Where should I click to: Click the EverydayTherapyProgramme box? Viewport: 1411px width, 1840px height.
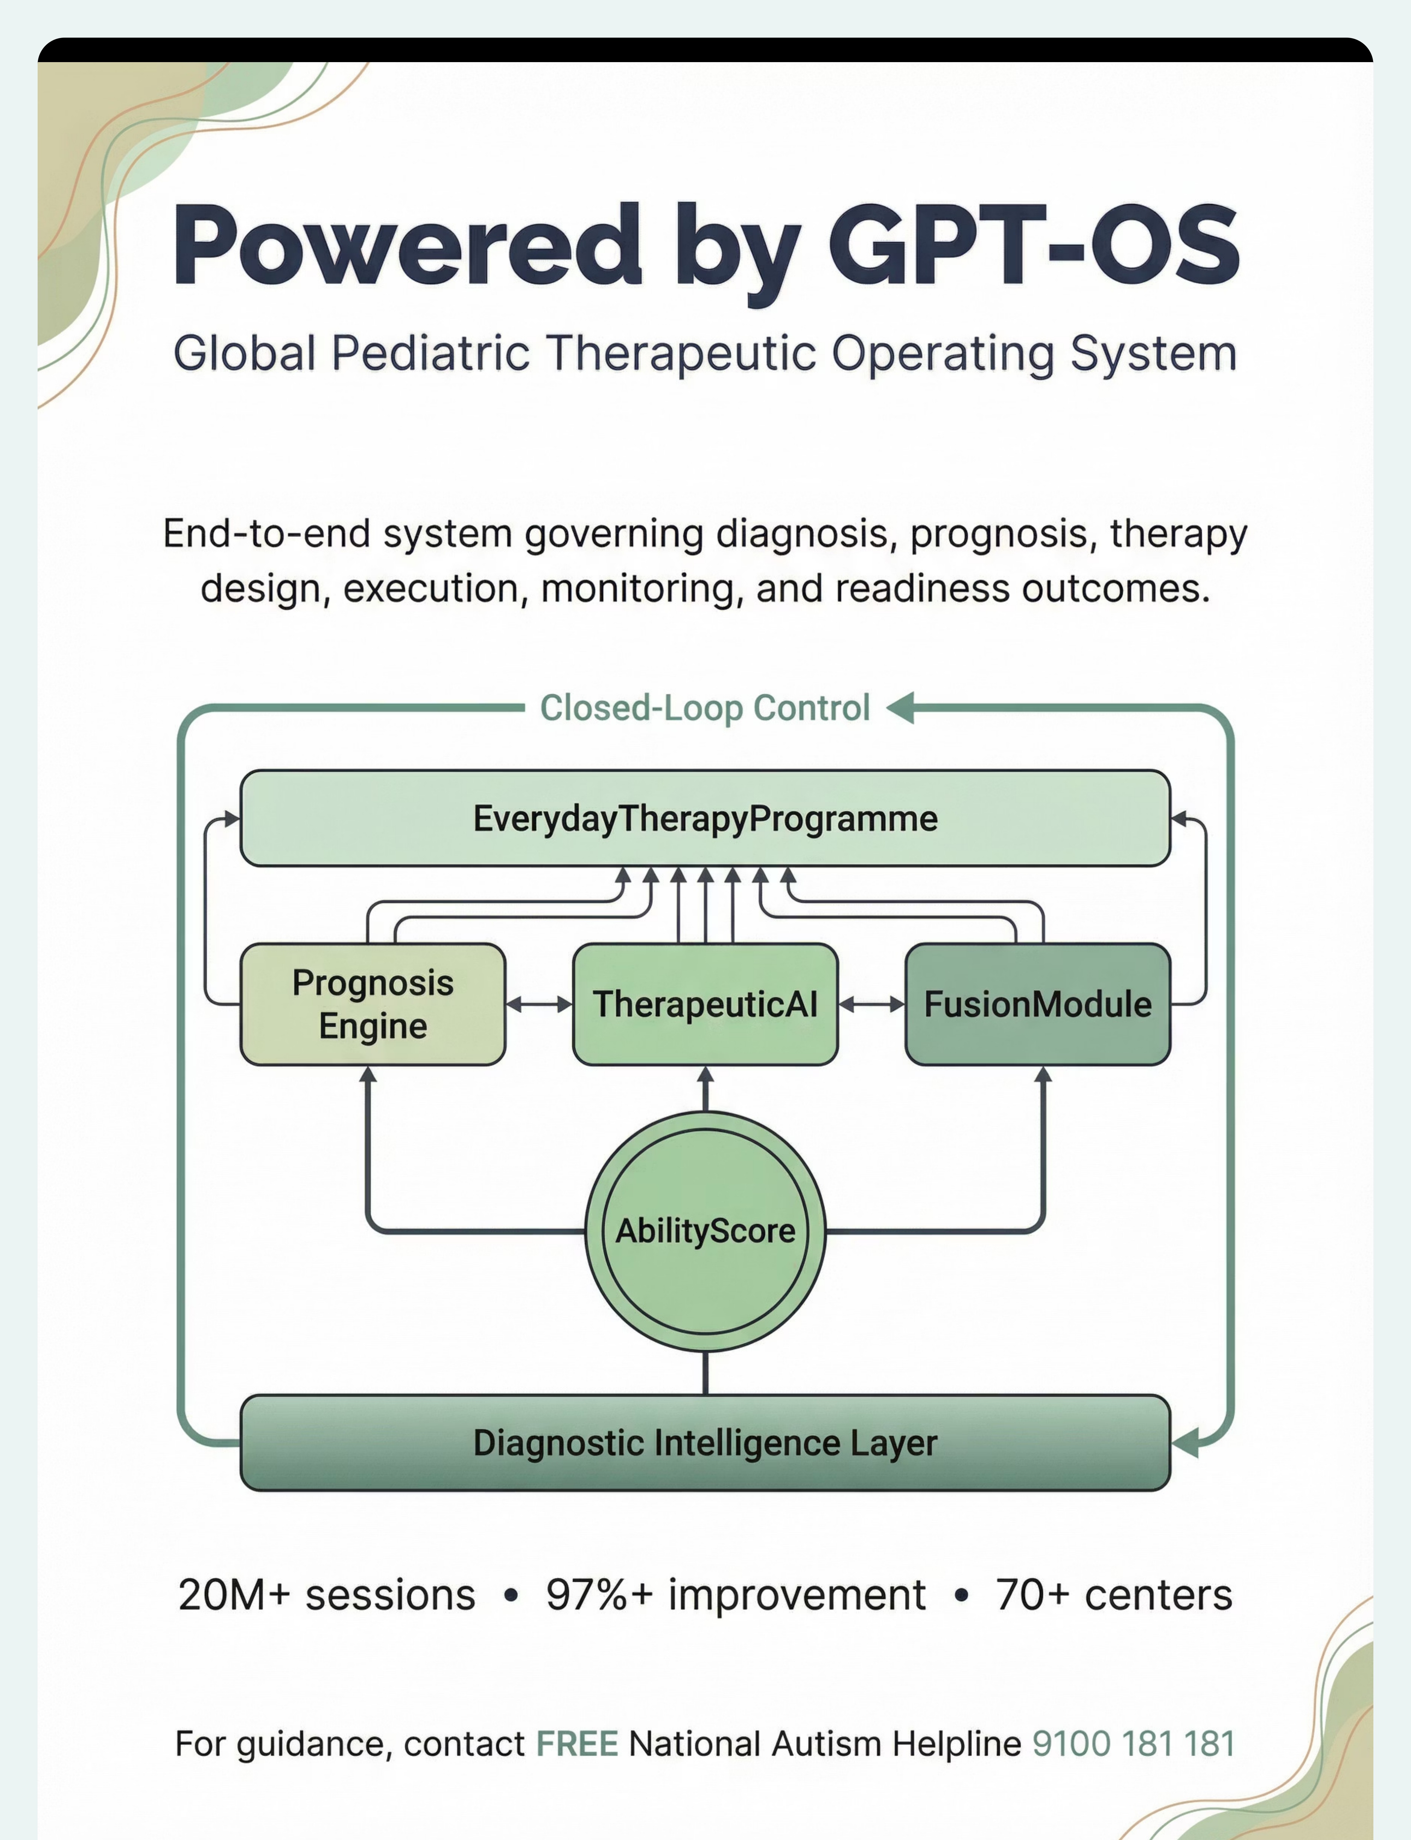pos(705,818)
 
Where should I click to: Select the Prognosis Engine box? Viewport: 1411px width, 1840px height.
pos(373,1004)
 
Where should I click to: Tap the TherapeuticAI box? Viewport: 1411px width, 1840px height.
pos(705,1004)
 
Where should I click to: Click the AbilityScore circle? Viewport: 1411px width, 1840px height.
pos(705,1231)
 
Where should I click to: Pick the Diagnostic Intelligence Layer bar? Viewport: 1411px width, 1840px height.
pos(705,1442)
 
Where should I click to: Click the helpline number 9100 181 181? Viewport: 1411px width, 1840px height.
pos(1133,1743)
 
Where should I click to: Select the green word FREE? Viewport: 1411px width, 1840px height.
pos(577,1743)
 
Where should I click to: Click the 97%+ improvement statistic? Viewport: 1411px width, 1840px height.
pos(736,1595)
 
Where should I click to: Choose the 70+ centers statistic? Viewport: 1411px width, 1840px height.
pos(1114,1595)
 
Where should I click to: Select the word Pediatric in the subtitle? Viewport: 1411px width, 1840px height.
pos(430,353)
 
